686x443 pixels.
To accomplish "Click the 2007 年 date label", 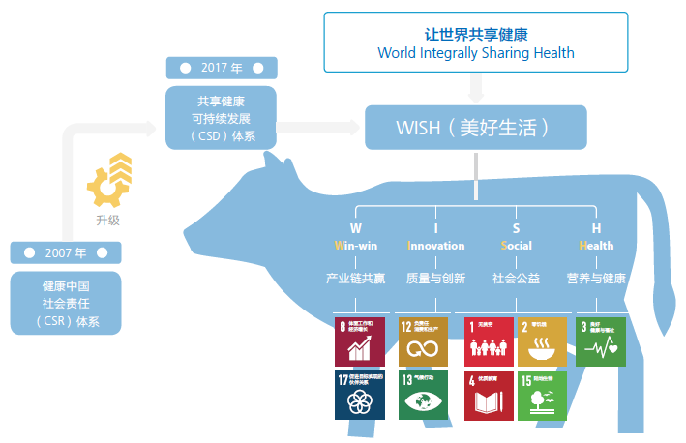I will click(66, 252).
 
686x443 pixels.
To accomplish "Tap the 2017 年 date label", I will click(222, 69).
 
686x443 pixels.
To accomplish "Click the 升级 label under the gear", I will click(107, 220).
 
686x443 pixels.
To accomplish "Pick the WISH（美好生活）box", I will click(475, 127).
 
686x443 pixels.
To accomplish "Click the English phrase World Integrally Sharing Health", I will click(475, 53).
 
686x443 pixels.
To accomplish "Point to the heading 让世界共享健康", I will click(475, 33).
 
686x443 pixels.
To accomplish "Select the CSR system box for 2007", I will click(66, 303).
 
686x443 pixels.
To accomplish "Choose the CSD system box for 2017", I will click(222, 117).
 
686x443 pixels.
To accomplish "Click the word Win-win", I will click(355, 246).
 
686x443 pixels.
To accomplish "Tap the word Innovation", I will click(436, 246).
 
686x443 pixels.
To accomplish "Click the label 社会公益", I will click(516, 279).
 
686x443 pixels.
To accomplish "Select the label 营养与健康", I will click(596, 279).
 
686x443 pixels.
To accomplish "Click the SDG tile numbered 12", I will click(423, 340).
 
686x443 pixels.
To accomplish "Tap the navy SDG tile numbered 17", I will click(359, 395).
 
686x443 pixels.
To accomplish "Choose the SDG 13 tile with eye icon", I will click(423, 395).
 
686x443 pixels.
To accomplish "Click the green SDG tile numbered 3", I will click(600, 340).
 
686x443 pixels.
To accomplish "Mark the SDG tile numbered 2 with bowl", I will click(542, 340).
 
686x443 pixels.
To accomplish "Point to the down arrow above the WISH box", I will click(475, 90).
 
